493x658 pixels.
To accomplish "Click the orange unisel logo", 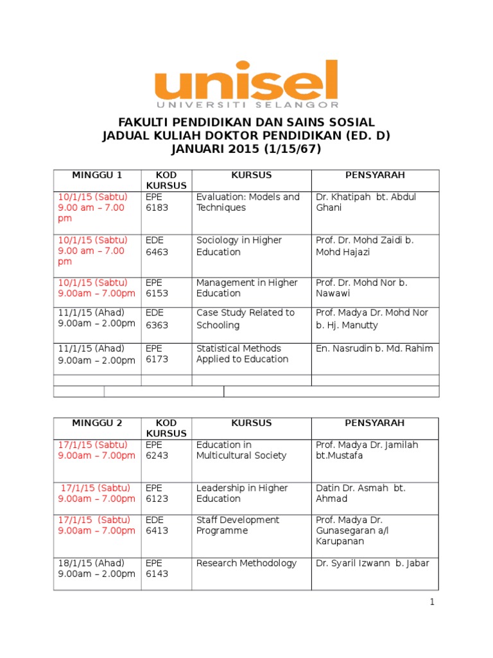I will (246, 84).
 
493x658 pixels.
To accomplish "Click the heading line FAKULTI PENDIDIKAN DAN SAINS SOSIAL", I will (246, 123).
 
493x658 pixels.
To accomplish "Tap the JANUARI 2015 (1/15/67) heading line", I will (246, 149).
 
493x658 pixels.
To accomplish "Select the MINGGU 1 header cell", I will (97, 175).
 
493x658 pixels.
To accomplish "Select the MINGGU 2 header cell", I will (97, 423).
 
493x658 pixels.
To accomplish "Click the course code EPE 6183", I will (157, 202).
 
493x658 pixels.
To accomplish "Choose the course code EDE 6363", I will (157, 319).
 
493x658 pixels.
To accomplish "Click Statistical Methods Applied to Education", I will (242, 354).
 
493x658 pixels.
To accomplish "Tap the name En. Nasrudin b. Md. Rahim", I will (374, 349).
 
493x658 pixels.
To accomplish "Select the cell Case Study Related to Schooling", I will (245, 319).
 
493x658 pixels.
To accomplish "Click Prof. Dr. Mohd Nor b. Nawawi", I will (361, 288).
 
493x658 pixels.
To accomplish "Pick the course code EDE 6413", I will (157, 525).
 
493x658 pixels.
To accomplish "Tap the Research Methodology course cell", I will (246, 564).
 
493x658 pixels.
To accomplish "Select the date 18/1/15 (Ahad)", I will (90, 564).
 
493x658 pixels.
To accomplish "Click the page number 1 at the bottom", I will (433, 602).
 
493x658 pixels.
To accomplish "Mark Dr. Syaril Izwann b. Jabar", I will (372, 564).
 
